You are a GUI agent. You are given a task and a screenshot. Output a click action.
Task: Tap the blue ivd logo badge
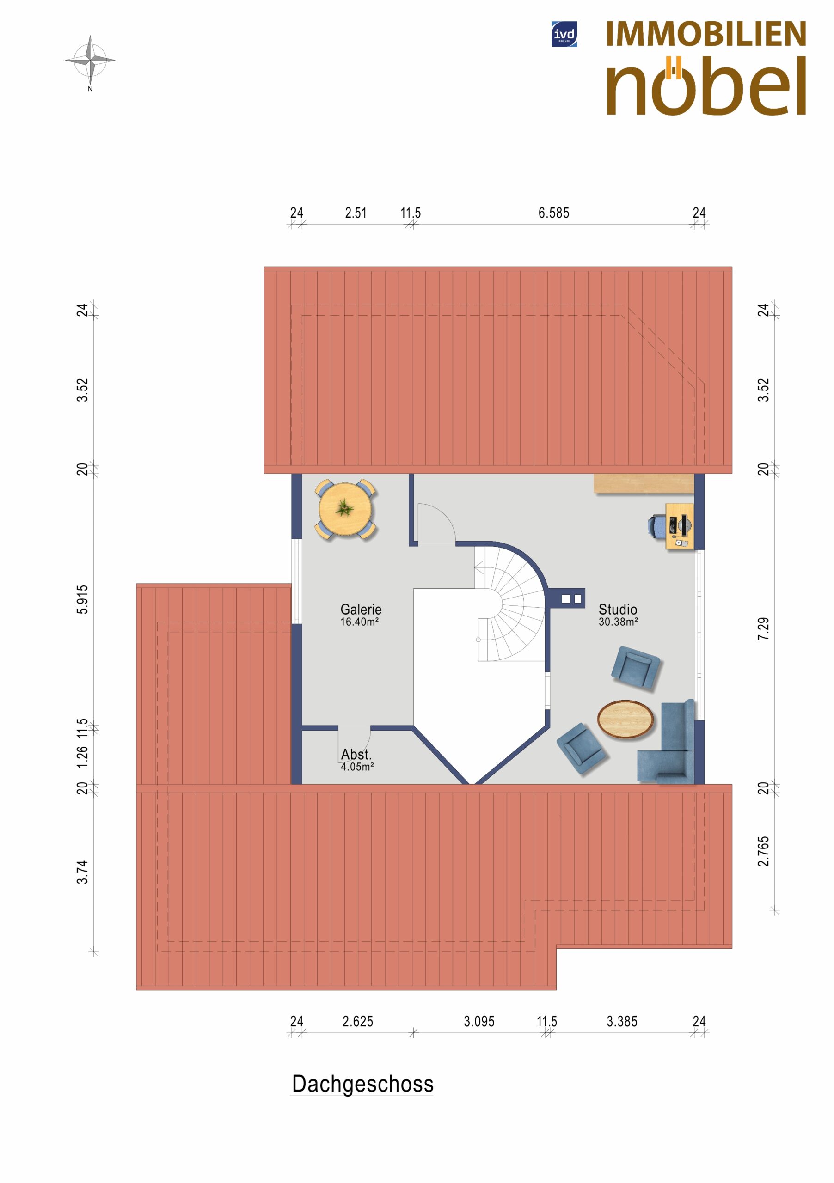click(x=564, y=34)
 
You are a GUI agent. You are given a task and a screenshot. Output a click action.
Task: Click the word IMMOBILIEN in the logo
click(x=705, y=34)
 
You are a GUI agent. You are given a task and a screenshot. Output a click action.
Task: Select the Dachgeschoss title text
click(x=362, y=1084)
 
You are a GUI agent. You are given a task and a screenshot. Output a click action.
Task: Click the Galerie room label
click(x=361, y=609)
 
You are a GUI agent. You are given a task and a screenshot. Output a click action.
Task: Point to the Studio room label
click(x=618, y=609)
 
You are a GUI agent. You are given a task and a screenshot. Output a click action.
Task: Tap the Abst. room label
click(x=356, y=754)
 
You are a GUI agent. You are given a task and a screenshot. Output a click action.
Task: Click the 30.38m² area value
click(x=618, y=622)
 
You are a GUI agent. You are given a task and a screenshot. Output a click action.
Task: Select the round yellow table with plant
click(x=345, y=509)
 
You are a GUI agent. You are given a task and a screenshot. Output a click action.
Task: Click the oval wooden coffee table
click(x=625, y=720)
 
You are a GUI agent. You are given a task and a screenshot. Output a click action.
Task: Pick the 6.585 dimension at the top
click(x=553, y=213)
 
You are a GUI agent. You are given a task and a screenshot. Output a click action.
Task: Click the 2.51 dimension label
click(x=356, y=213)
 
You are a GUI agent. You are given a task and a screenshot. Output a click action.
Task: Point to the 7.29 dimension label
click(x=763, y=628)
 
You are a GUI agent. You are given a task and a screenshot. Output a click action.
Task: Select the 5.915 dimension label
click(x=82, y=599)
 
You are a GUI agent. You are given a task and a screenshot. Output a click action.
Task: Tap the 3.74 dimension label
click(x=82, y=872)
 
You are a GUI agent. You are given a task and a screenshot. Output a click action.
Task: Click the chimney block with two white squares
click(x=566, y=598)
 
